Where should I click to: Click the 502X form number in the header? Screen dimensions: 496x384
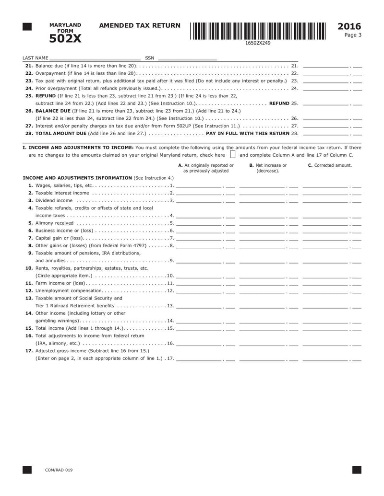pos(65,38)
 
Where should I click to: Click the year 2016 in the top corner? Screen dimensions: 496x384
pos(349,26)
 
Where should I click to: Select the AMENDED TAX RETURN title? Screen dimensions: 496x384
pos(139,26)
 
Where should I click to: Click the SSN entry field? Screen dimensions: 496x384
pos(186,58)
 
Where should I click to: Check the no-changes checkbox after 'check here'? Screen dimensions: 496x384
pos(233,155)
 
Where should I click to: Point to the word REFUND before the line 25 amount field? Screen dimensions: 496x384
pos(279,103)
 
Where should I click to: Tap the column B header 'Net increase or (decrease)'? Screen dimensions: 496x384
pos(268,168)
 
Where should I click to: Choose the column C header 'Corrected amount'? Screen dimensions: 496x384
pos(330,165)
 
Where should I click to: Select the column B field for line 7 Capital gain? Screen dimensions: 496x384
pos(263,238)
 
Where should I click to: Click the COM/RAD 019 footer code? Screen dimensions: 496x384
pos(59,470)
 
